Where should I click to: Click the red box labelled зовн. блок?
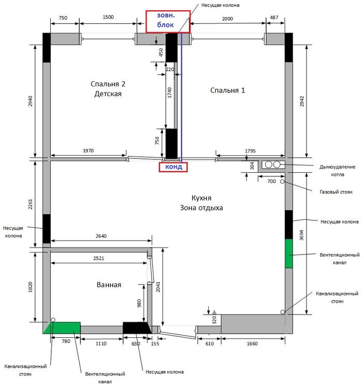coord(168,22)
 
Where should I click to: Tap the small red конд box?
coord(173,167)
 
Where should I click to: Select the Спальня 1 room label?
coord(227,91)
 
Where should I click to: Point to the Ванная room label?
coord(109,285)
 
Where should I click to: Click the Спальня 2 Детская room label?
coord(108,89)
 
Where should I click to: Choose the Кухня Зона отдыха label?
coord(201,203)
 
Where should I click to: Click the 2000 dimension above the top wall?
coord(227,19)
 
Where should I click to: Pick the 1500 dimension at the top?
coord(108,17)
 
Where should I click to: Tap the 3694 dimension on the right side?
coord(301,235)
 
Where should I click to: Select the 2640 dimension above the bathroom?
coord(101,236)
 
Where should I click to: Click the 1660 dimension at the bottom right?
coord(252,344)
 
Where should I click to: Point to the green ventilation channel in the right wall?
coord(289,253)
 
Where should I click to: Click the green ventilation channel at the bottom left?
coord(63,328)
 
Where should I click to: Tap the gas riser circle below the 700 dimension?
coord(282,182)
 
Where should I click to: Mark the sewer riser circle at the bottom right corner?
coord(283,312)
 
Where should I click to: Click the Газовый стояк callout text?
coord(336,192)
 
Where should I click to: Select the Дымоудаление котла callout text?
coord(337,171)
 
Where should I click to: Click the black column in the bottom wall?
coord(137,328)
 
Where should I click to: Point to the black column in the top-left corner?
coord(47,48)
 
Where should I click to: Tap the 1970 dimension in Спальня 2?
coord(88,151)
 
